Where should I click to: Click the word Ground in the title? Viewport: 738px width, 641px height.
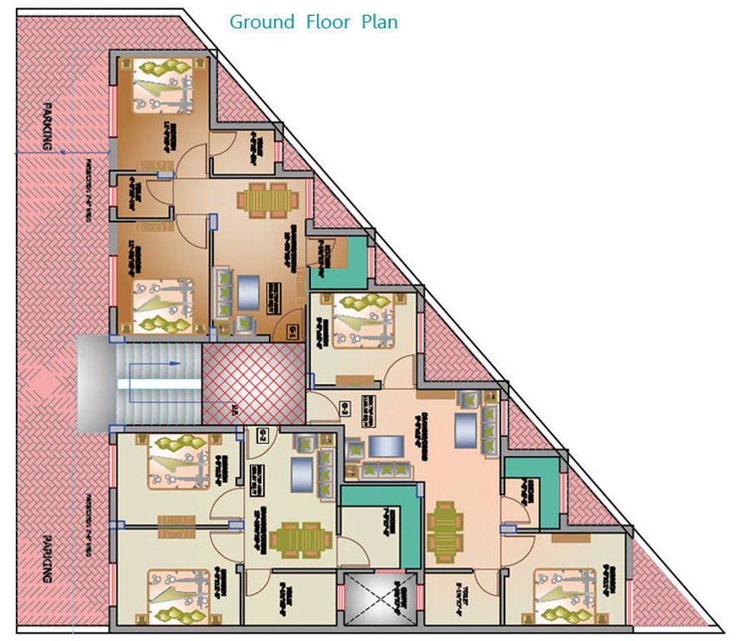(262, 22)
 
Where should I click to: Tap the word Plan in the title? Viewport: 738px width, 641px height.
(379, 22)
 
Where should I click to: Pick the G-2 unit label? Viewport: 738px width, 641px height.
(346, 408)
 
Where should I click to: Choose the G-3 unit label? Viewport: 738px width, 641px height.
(261, 434)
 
